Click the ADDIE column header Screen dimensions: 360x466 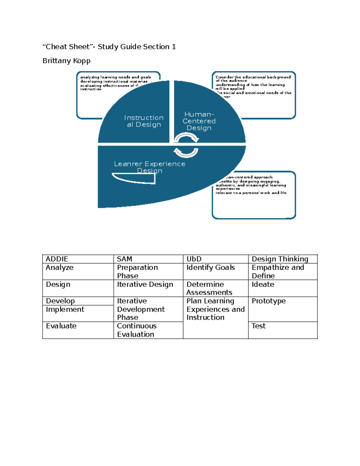(57, 259)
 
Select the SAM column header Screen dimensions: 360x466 (124, 259)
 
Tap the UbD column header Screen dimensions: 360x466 (194, 259)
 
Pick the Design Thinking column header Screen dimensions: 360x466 (280, 259)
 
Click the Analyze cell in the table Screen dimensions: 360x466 (60, 268)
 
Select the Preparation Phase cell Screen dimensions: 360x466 (137, 272)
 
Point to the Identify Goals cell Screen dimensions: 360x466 (211, 268)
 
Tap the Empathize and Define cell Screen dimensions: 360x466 (278, 272)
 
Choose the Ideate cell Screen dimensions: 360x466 (263, 284)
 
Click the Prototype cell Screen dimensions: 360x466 (268, 301)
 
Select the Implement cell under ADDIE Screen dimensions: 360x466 (65, 309)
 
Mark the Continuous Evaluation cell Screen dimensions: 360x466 (137, 330)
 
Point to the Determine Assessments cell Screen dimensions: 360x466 (209, 288)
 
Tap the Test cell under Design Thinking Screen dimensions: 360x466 (259, 326)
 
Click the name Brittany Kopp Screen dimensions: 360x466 (67, 61)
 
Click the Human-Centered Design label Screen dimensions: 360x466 (199, 121)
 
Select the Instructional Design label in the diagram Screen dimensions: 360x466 (144, 121)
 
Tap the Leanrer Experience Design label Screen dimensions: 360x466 (150, 167)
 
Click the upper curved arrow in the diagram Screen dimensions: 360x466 (186, 138)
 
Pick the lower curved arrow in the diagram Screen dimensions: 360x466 (186, 152)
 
